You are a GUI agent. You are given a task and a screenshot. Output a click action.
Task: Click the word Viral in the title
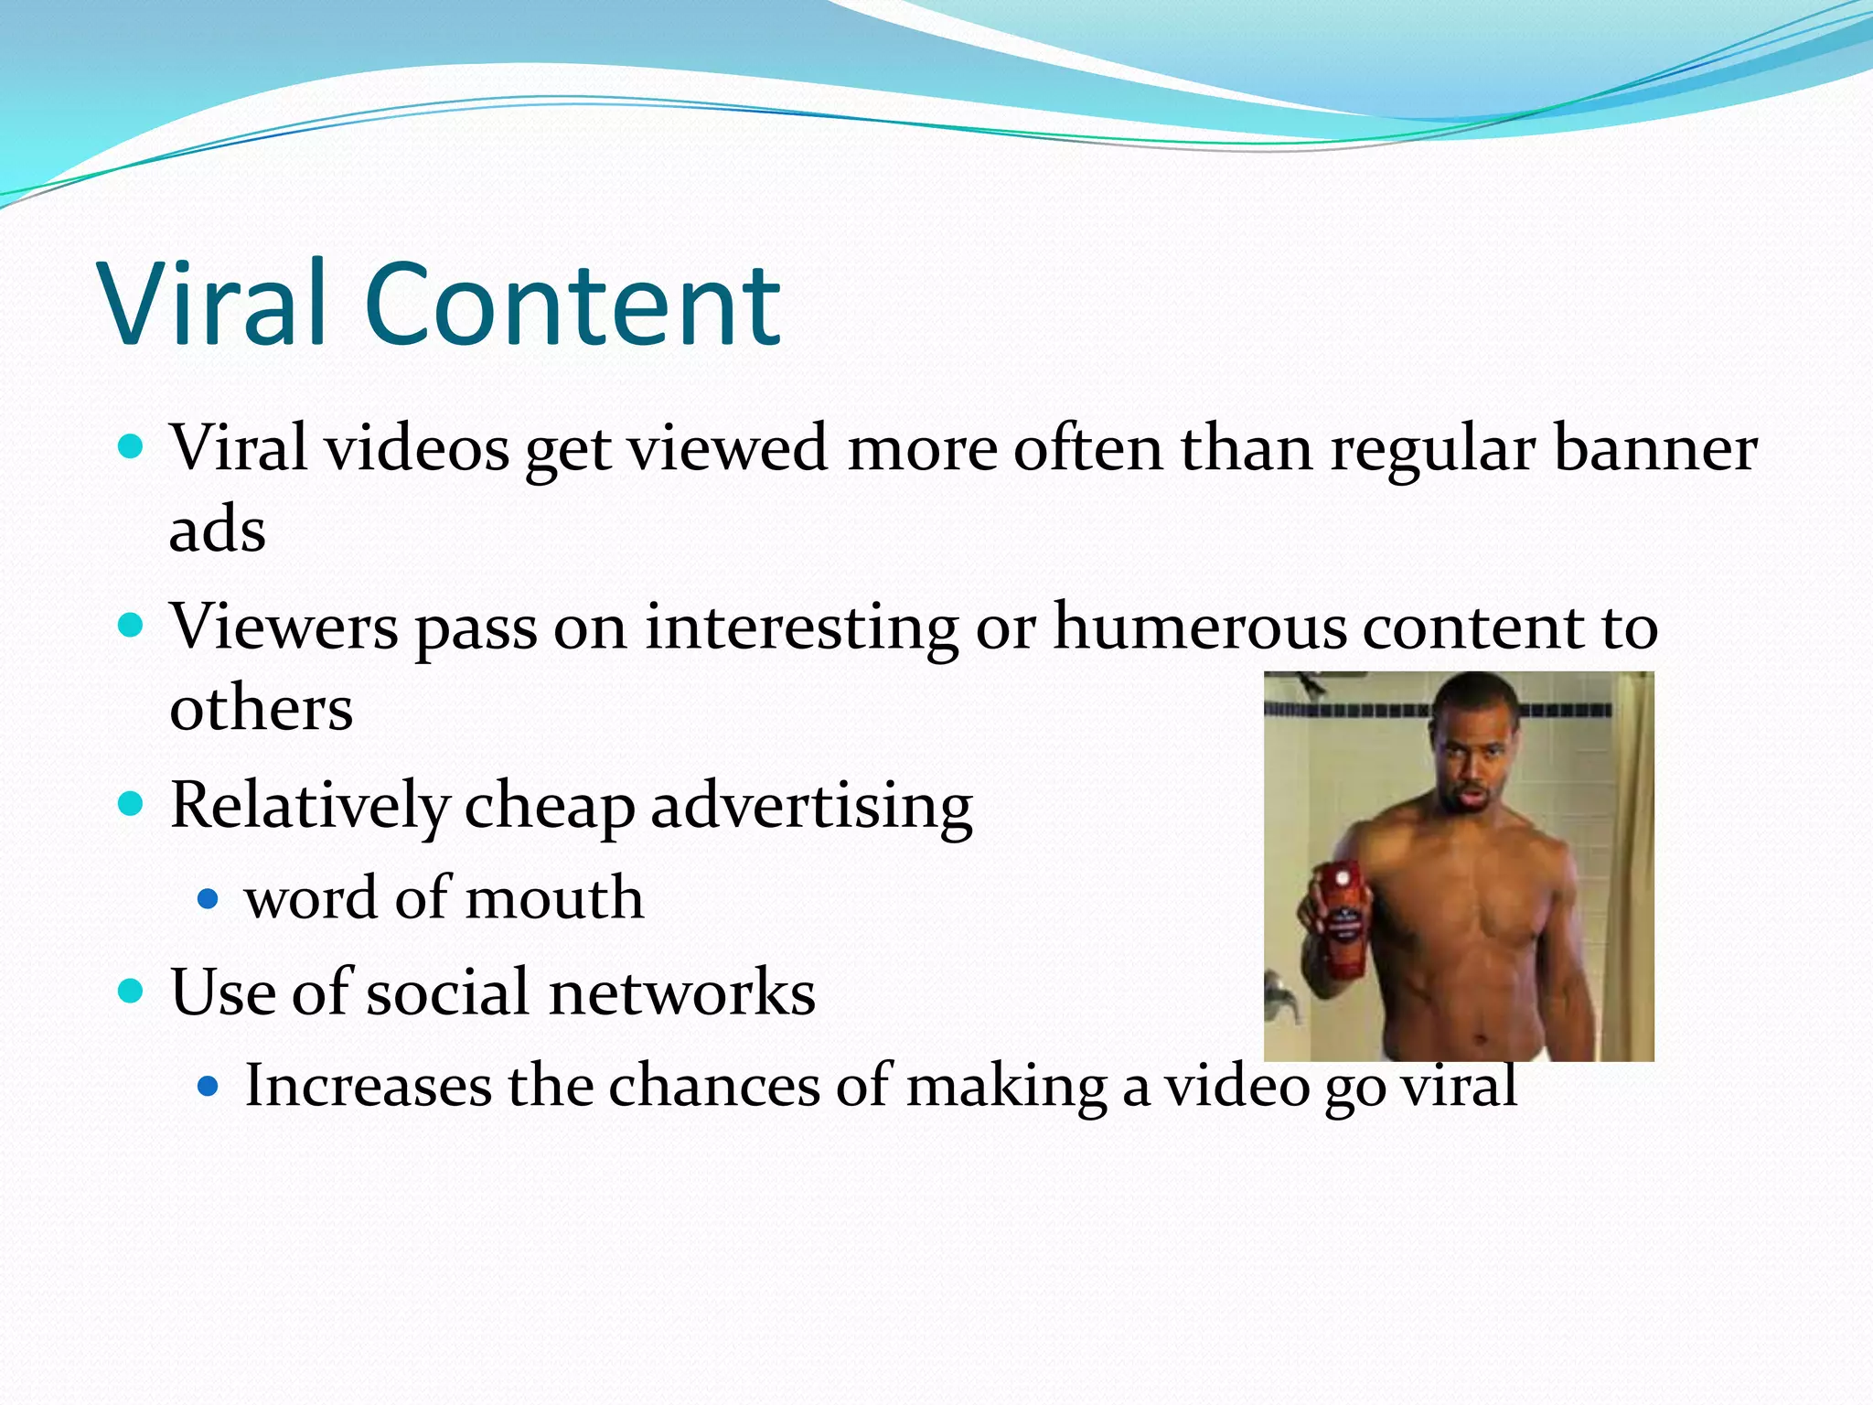click(x=213, y=304)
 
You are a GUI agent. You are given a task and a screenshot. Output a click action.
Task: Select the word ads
click(x=218, y=530)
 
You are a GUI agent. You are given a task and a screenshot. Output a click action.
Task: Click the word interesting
click(x=801, y=627)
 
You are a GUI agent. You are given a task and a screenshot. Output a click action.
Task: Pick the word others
click(x=262, y=708)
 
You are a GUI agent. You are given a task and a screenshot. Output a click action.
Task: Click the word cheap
click(x=550, y=806)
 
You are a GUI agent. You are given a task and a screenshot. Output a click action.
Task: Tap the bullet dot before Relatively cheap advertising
click(x=132, y=804)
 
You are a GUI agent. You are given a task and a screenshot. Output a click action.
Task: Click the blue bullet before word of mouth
click(x=209, y=899)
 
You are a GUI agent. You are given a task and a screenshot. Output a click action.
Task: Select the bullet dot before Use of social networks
click(x=132, y=991)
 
